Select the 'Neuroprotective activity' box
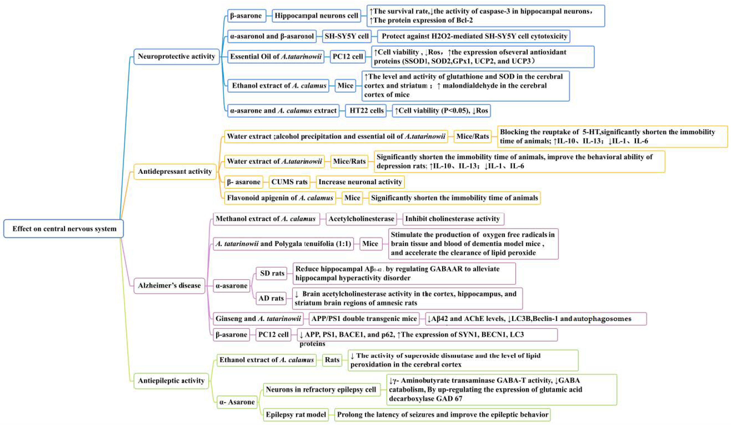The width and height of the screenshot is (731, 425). (x=176, y=56)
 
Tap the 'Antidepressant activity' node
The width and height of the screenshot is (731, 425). (x=175, y=171)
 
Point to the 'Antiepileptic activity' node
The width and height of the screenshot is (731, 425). (x=171, y=381)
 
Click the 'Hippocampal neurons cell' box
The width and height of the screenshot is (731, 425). (x=316, y=16)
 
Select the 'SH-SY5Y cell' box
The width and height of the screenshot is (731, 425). (x=347, y=36)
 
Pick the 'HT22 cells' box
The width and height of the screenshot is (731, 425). (x=366, y=111)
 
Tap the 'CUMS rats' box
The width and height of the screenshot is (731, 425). (x=289, y=182)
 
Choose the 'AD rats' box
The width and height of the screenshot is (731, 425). (x=271, y=298)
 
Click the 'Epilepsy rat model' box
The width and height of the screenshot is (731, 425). (x=296, y=414)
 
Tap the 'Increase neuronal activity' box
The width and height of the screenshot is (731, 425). (x=360, y=182)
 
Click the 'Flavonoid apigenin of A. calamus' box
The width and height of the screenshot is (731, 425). (x=280, y=198)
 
